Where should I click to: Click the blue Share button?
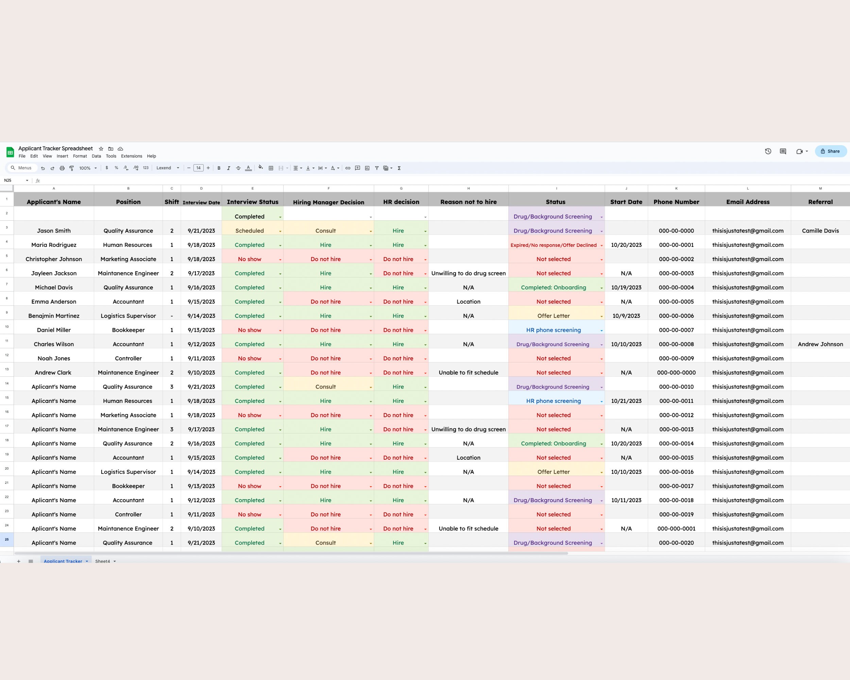point(830,151)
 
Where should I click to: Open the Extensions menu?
point(131,156)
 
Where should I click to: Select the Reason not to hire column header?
point(469,202)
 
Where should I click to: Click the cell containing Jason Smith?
point(54,231)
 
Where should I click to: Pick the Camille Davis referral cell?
point(820,231)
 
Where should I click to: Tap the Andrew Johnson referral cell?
point(820,344)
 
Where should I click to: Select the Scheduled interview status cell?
point(250,231)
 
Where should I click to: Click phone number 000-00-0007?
point(676,330)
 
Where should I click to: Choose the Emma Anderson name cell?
point(54,302)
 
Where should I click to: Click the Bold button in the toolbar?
point(219,168)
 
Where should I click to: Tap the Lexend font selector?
point(167,168)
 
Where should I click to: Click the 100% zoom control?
point(87,168)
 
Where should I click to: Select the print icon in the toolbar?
point(62,168)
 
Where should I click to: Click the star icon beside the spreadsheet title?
point(101,149)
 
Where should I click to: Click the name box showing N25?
point(15,181)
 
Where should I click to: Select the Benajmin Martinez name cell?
point(54,316)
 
